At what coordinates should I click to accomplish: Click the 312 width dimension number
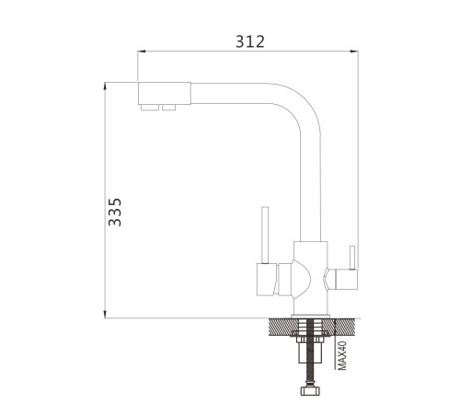coord(250,41)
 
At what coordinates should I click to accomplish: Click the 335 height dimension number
coord(115,213)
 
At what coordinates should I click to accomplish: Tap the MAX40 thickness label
coord(342,355)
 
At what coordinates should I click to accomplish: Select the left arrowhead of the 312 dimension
coord(141,52)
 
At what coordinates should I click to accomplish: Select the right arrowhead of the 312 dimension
coord(354,52)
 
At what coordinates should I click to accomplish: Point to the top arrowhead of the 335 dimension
coord(105,86)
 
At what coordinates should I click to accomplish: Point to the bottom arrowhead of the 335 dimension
coord(105,314)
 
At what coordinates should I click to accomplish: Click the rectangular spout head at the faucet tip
coord(165,93)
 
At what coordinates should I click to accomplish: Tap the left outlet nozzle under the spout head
coord(150,108)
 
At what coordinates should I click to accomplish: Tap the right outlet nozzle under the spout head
coord(169,108)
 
